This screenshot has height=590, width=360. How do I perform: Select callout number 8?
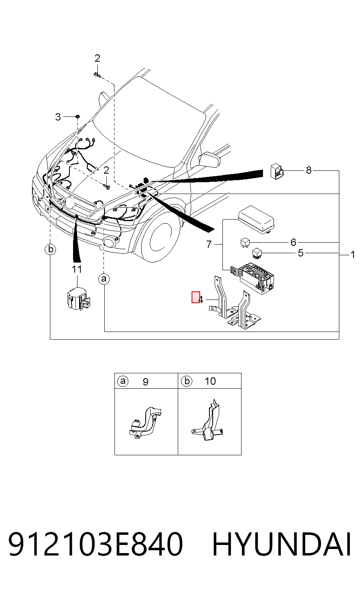point(308,170)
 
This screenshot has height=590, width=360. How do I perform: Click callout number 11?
point(77,269)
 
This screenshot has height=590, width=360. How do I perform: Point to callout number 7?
point(209,244)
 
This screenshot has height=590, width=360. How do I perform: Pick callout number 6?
point(293,242)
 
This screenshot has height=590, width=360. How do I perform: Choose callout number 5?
point(301,253)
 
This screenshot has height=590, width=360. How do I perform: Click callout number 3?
point(58,117)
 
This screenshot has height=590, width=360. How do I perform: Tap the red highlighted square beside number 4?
point(196,297)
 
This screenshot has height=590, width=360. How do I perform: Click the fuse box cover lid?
point(256,220)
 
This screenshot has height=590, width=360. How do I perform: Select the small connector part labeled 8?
point(277,172)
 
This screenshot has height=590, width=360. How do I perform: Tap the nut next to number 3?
point(78,116)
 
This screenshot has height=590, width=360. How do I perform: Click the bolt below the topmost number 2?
point(97,75)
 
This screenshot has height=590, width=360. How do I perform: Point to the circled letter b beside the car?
point(50,249)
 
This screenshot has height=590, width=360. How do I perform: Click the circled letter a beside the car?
point(104,279)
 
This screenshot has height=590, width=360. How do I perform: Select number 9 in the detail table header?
point(145,382)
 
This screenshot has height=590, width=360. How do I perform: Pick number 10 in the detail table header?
point(210,381)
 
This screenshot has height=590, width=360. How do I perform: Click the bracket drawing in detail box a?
point(145,423)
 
